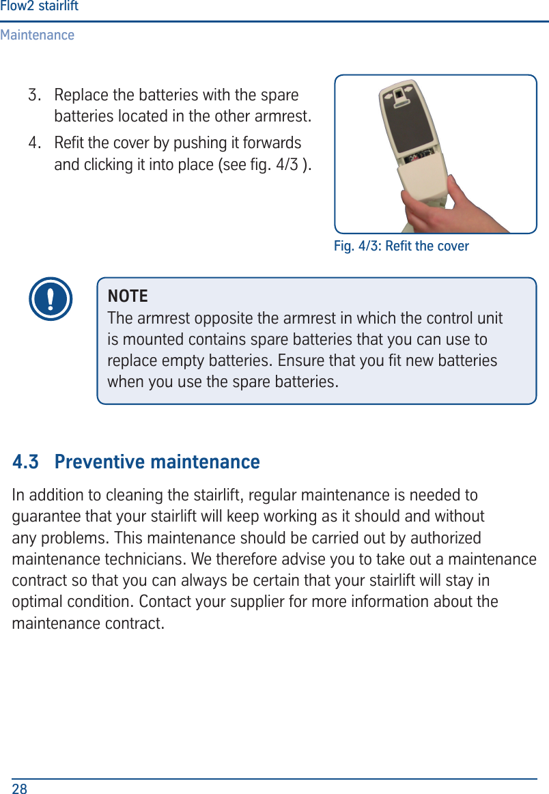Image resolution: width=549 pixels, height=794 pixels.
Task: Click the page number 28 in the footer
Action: pos(20,789)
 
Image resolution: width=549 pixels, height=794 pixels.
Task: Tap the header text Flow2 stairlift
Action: pos(39,7)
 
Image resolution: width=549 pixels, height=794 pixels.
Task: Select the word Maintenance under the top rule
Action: pos(38,35)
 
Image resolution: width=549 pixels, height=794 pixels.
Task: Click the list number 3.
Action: pos(33,94)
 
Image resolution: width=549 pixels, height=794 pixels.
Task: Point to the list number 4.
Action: pos(33,143)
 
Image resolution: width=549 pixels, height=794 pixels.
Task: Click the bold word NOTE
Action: pos(128,296)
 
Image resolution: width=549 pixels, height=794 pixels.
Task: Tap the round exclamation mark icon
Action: pos(51,299)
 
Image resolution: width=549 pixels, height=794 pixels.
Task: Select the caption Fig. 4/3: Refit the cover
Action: pos(401,246)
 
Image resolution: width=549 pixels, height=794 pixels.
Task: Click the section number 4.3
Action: pos(26,462)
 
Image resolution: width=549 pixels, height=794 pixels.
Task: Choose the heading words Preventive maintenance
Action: pos(157,462)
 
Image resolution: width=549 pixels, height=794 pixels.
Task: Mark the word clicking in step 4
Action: pos(108,165)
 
